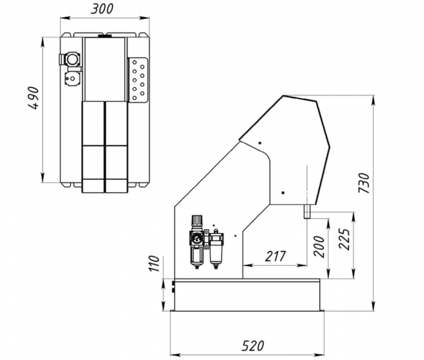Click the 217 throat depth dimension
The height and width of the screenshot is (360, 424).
point(275,256)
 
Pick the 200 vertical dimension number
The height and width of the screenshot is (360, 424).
point(319,246)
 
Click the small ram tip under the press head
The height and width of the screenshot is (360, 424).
point(307,211)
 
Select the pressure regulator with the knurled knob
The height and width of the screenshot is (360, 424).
point(197,240)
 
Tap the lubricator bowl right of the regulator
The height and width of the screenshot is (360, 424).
point(215,248)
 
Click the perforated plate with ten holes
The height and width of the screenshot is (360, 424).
point(137,79)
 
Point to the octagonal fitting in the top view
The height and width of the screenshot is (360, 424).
point(73,59)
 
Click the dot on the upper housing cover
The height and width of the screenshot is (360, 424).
point(259,143)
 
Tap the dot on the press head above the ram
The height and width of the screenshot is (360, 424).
point(282,193)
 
